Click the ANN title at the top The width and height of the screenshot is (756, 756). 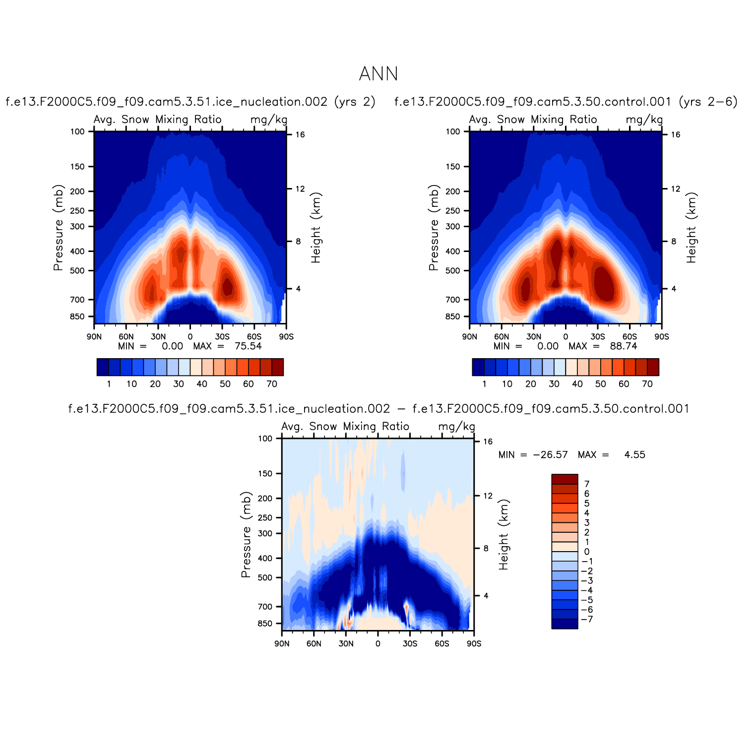coord(378,74)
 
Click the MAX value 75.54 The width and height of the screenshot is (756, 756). coord(248,346)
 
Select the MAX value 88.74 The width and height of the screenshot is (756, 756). coord(624,346)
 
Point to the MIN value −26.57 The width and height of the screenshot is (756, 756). coord(550,455)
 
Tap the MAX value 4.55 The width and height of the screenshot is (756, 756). coord(634,455)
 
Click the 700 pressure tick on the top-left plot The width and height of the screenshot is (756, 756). coord(79,300)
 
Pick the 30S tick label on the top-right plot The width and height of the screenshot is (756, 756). coord(598,336)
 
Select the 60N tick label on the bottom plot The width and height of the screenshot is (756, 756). coord(314,643)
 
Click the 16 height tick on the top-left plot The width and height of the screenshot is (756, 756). coord(300,134)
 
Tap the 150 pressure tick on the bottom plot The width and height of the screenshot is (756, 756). coord(265,474)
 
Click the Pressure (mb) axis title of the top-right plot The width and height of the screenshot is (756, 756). coord(434,228)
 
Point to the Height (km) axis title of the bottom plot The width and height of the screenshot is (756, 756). coord(504,535)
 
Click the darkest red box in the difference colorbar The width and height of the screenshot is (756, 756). coord(565,479)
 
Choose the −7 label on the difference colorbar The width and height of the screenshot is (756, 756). coord(587,619)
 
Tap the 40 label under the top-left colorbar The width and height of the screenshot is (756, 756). coord(202,384)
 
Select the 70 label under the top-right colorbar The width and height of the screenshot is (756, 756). coord(647,384)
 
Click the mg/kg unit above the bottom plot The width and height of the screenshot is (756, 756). coord(456,427)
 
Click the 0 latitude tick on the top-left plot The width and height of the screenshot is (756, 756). coord(190,336)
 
